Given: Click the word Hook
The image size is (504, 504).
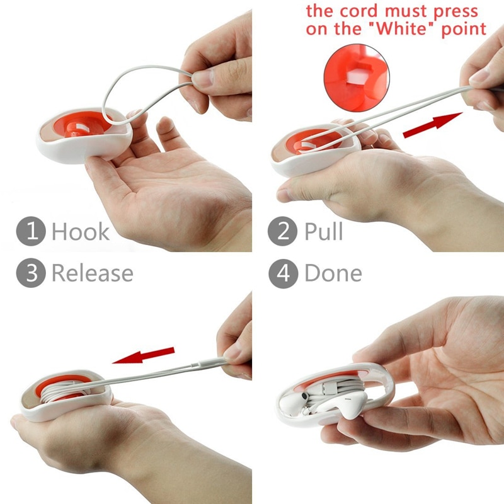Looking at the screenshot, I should click(x=80, y=231).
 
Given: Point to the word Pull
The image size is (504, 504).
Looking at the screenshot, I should click(x=323, y=231).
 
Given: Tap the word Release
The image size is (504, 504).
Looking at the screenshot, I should click(x=92, y=273).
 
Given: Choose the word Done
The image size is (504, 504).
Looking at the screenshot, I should click(x=333, y=273).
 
